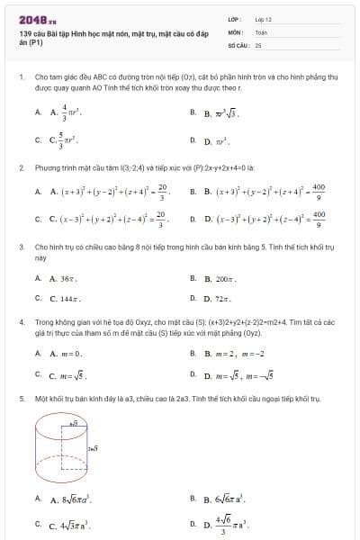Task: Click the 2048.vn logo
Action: pos(31,18)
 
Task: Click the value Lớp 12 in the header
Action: pos(264,18)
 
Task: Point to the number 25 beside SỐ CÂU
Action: pos(258,43)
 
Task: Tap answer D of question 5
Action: pos(224,523)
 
